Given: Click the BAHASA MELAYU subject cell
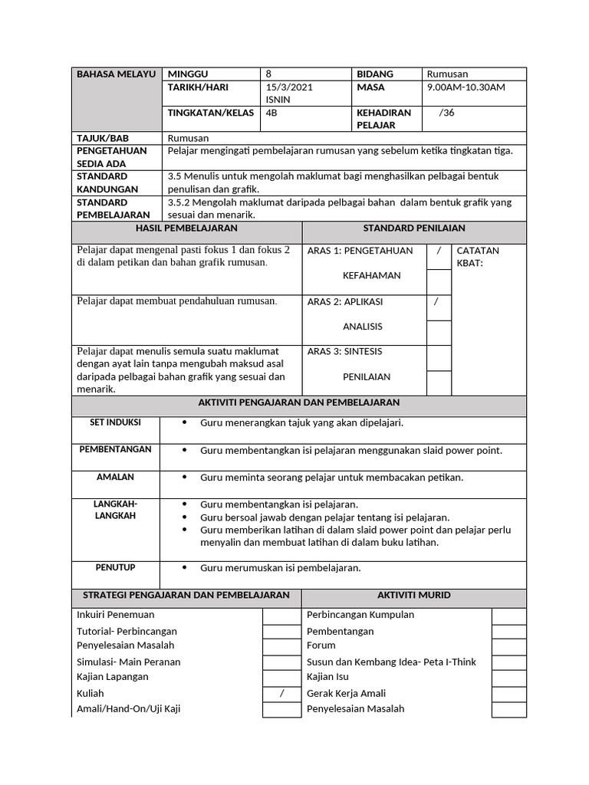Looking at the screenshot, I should [x=115, y=74].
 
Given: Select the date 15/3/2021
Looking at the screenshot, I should [x=288, y=87].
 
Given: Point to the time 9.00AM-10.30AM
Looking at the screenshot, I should [x=466, y=87].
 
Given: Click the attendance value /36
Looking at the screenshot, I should [x=446, y=113].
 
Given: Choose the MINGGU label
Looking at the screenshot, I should [x=188, y=74].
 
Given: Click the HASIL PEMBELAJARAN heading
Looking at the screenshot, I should [x=186, y=228].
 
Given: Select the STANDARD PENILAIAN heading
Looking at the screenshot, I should [x=414, y=228].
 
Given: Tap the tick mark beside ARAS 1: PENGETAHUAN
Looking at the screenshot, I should [x=439, y=251].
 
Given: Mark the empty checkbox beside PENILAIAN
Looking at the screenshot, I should [x=439, y=383].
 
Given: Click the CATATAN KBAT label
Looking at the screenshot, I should [x=478, y=257].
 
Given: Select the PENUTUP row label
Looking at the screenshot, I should [x=115, y=567].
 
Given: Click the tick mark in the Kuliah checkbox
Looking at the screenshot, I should [x=281, y=693].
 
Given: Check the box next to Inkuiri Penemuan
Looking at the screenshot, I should [x=281, y=615].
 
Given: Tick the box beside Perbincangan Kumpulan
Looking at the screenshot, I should [x=508, y=615].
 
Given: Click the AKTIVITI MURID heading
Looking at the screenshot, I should [x=414, y=595].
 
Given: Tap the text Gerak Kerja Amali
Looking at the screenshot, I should [x=345, y=693].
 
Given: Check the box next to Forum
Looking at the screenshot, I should [x=508, y=645].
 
